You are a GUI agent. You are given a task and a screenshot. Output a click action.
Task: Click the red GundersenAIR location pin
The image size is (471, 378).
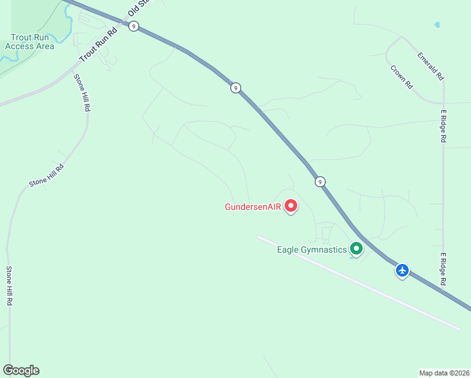[291, 205]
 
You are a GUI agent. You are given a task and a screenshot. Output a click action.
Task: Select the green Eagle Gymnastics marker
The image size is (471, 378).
[356, 249]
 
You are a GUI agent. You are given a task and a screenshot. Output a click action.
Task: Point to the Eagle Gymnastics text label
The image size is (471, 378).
[312, 249]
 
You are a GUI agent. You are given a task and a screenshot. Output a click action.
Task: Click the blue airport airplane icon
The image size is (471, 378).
[402, 270]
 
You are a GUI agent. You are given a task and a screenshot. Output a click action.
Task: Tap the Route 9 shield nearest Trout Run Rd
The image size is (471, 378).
[133, 26]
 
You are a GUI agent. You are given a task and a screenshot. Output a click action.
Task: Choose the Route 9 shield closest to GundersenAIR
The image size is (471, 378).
[321, 182]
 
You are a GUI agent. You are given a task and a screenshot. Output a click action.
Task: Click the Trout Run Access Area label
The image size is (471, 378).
[29, 42]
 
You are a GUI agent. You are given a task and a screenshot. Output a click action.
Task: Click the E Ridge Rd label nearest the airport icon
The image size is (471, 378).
[443, 270]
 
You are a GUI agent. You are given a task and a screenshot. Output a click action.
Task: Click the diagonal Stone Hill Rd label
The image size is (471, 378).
[47, 176]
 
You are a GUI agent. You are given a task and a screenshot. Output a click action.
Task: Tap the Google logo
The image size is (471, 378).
[21, 370]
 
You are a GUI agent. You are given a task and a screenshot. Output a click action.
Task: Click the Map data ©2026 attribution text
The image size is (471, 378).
[444, 373]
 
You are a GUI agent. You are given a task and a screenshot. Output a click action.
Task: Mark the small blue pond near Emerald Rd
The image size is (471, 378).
[437, 25]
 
